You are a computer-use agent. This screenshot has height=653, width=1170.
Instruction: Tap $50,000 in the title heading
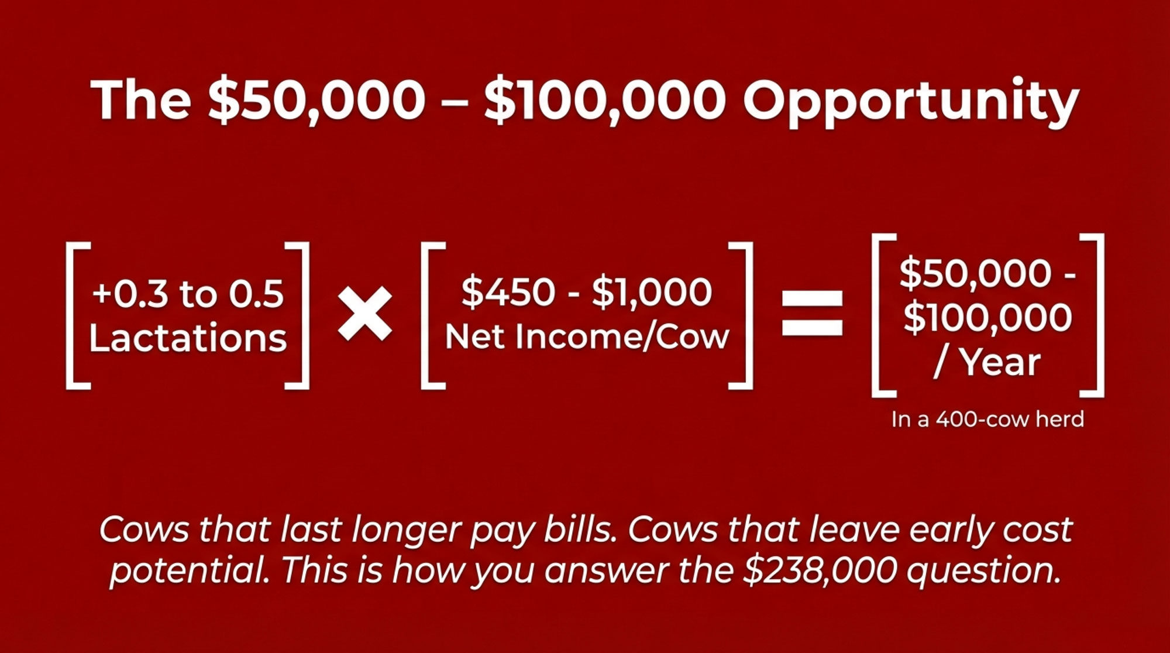316,99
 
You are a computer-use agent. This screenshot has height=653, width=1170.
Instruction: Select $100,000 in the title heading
605,99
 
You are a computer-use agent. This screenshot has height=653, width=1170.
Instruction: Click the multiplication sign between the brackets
365,314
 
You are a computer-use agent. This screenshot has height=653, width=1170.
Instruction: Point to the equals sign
813,314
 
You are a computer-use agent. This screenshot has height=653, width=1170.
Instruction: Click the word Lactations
188,338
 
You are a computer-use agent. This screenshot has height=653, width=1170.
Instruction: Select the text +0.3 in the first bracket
130,293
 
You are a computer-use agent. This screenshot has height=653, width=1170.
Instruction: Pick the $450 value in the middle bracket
508,291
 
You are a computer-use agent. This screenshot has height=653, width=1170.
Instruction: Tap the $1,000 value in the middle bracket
652,292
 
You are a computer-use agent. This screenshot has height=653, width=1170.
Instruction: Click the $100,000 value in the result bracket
987,318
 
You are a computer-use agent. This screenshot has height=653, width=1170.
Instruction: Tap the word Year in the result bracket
1001,362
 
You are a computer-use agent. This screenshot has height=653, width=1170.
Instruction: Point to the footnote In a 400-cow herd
987,419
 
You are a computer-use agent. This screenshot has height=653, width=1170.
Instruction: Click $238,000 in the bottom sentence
820,570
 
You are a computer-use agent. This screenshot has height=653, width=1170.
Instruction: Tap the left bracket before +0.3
78,315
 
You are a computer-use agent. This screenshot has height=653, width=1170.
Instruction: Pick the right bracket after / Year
1092,315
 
